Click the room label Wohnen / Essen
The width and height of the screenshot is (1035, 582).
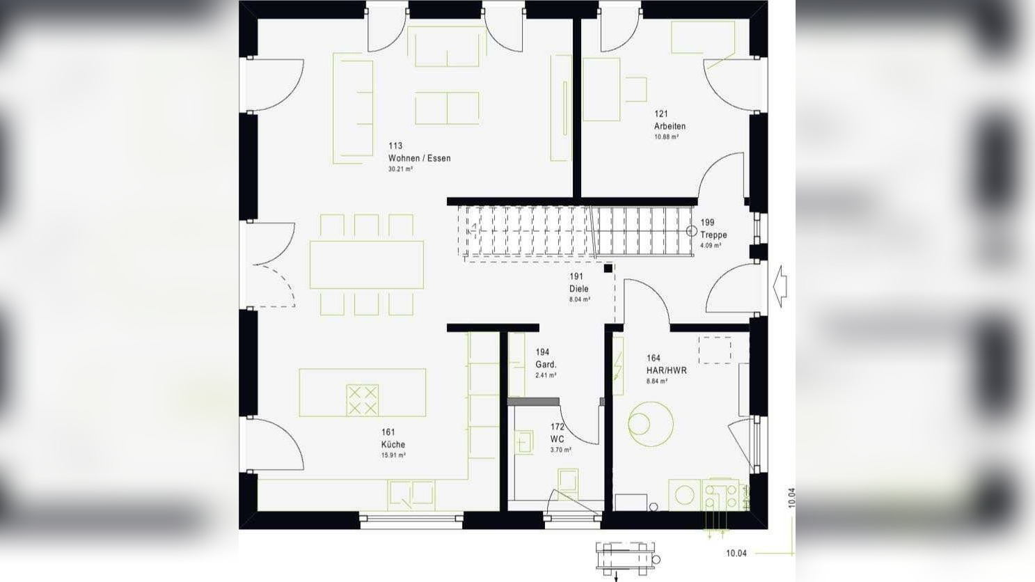(419, 158)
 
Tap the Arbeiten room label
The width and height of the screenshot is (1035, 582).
(670, 126)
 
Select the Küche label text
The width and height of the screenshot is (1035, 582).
(393, 444)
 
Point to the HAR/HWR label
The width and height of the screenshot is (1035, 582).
(666, 370)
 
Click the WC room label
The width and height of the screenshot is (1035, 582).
(557, 439)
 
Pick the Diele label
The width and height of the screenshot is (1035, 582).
(578, 288)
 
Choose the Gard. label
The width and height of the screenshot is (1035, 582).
(546, 364)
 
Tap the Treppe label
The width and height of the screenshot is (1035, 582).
(713, 235)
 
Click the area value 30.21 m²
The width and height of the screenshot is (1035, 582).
(400, 169)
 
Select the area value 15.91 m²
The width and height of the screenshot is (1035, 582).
(393, 455)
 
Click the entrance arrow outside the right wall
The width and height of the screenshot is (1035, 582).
(780, 285)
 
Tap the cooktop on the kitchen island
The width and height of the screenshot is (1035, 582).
(362, 400)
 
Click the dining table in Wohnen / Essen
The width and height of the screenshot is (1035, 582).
(366, 265)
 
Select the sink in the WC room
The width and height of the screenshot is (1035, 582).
(523, 441)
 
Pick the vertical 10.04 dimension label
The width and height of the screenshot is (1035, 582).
(791, 498)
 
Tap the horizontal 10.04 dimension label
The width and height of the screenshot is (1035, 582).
(736, 553)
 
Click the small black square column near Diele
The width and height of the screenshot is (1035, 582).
(608, 268)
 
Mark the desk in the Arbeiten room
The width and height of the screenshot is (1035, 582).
(601, 89)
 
